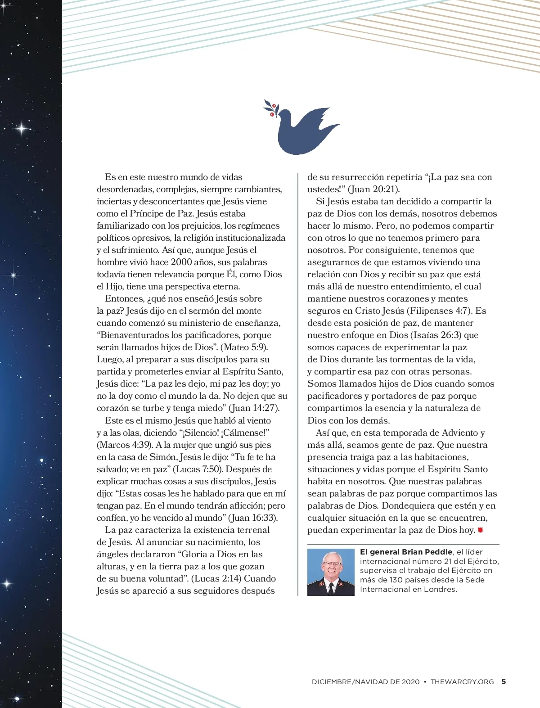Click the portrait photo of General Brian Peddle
click(331, 572)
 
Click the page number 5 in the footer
click(504, 681)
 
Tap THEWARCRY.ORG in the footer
click(462, 682)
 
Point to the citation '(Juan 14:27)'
click(254, 408)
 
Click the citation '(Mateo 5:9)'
click(245, 347)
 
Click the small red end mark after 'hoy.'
click(480, 530)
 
